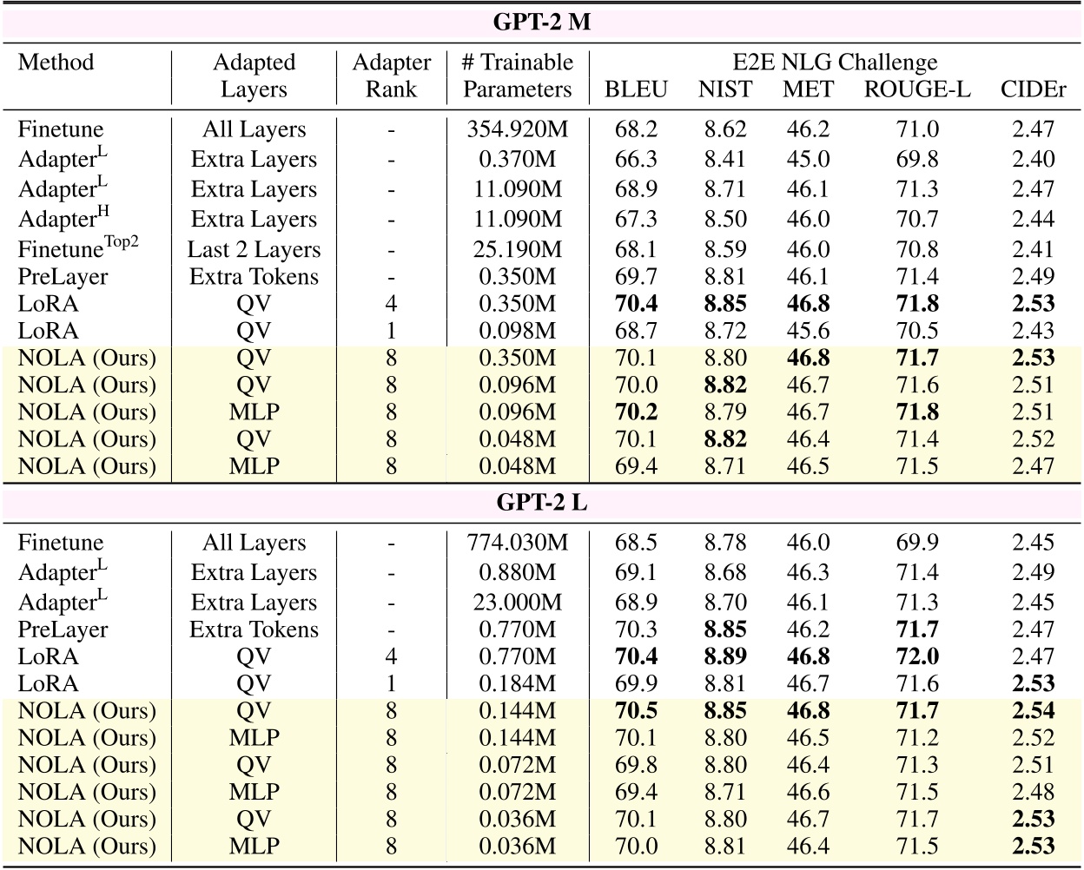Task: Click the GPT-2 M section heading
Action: point(542,23)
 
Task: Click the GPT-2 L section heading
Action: point(542,503)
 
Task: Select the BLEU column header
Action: point(636,89)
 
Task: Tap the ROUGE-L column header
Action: point(917,89)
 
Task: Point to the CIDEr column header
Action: point(1033,89)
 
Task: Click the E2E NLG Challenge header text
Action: point(834,63)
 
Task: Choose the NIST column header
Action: point(725,89)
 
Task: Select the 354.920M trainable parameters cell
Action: point(518,130)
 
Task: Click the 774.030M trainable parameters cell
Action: point(518,544)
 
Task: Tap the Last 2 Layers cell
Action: point(254,250)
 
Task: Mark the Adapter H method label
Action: point(63,219)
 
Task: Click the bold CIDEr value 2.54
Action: point(1033,711)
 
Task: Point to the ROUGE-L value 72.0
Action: point(917,657)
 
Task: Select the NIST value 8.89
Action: point(725,657)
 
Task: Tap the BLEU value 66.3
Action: point(636,160)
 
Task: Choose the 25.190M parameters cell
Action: point(518,250)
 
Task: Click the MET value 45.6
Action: point(808,331)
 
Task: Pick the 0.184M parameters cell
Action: point(518,684)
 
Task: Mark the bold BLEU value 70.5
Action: point(636,711)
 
